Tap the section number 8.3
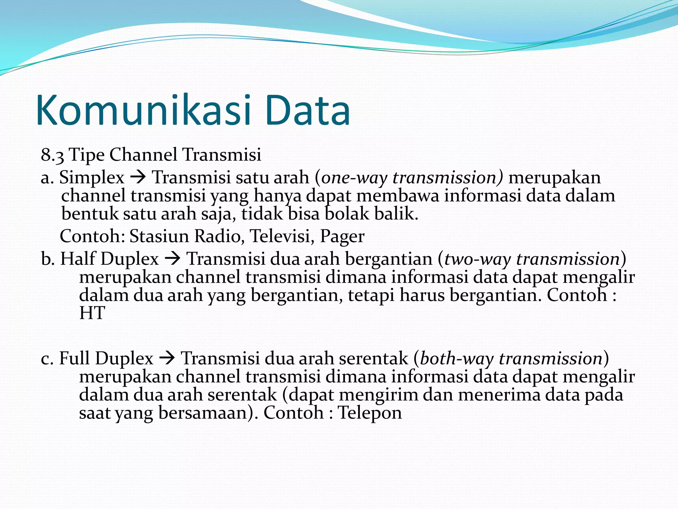(x=52, y=155)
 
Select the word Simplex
(x=91, y=178)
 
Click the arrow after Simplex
(x=138, y=178)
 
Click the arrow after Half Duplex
(x=172, y=259)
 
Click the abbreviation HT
(x=92, y=313)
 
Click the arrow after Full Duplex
(x=167, y=359)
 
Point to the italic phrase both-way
(x=457, y=359)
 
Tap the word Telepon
(x=370, y=413)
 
